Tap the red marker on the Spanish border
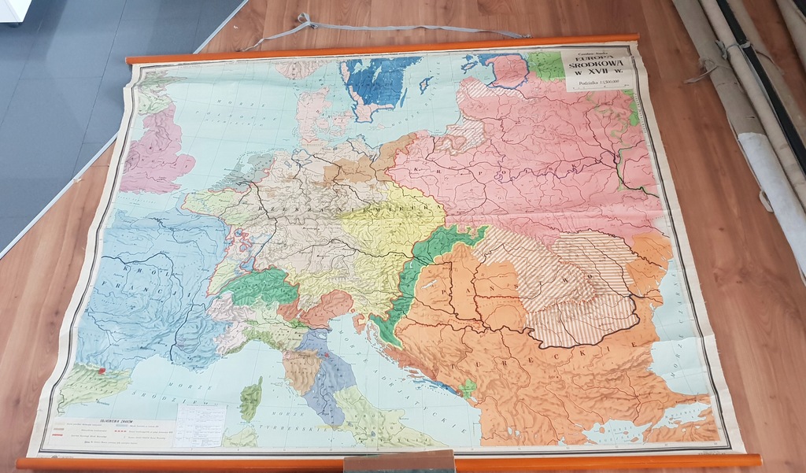pos(102,368)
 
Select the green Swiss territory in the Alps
pos(260,287)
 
